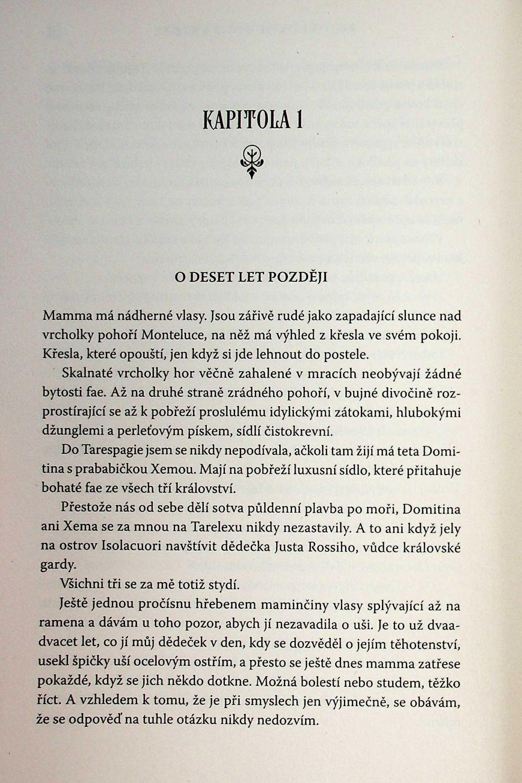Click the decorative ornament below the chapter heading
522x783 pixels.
252,161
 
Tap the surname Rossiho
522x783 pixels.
331,547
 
